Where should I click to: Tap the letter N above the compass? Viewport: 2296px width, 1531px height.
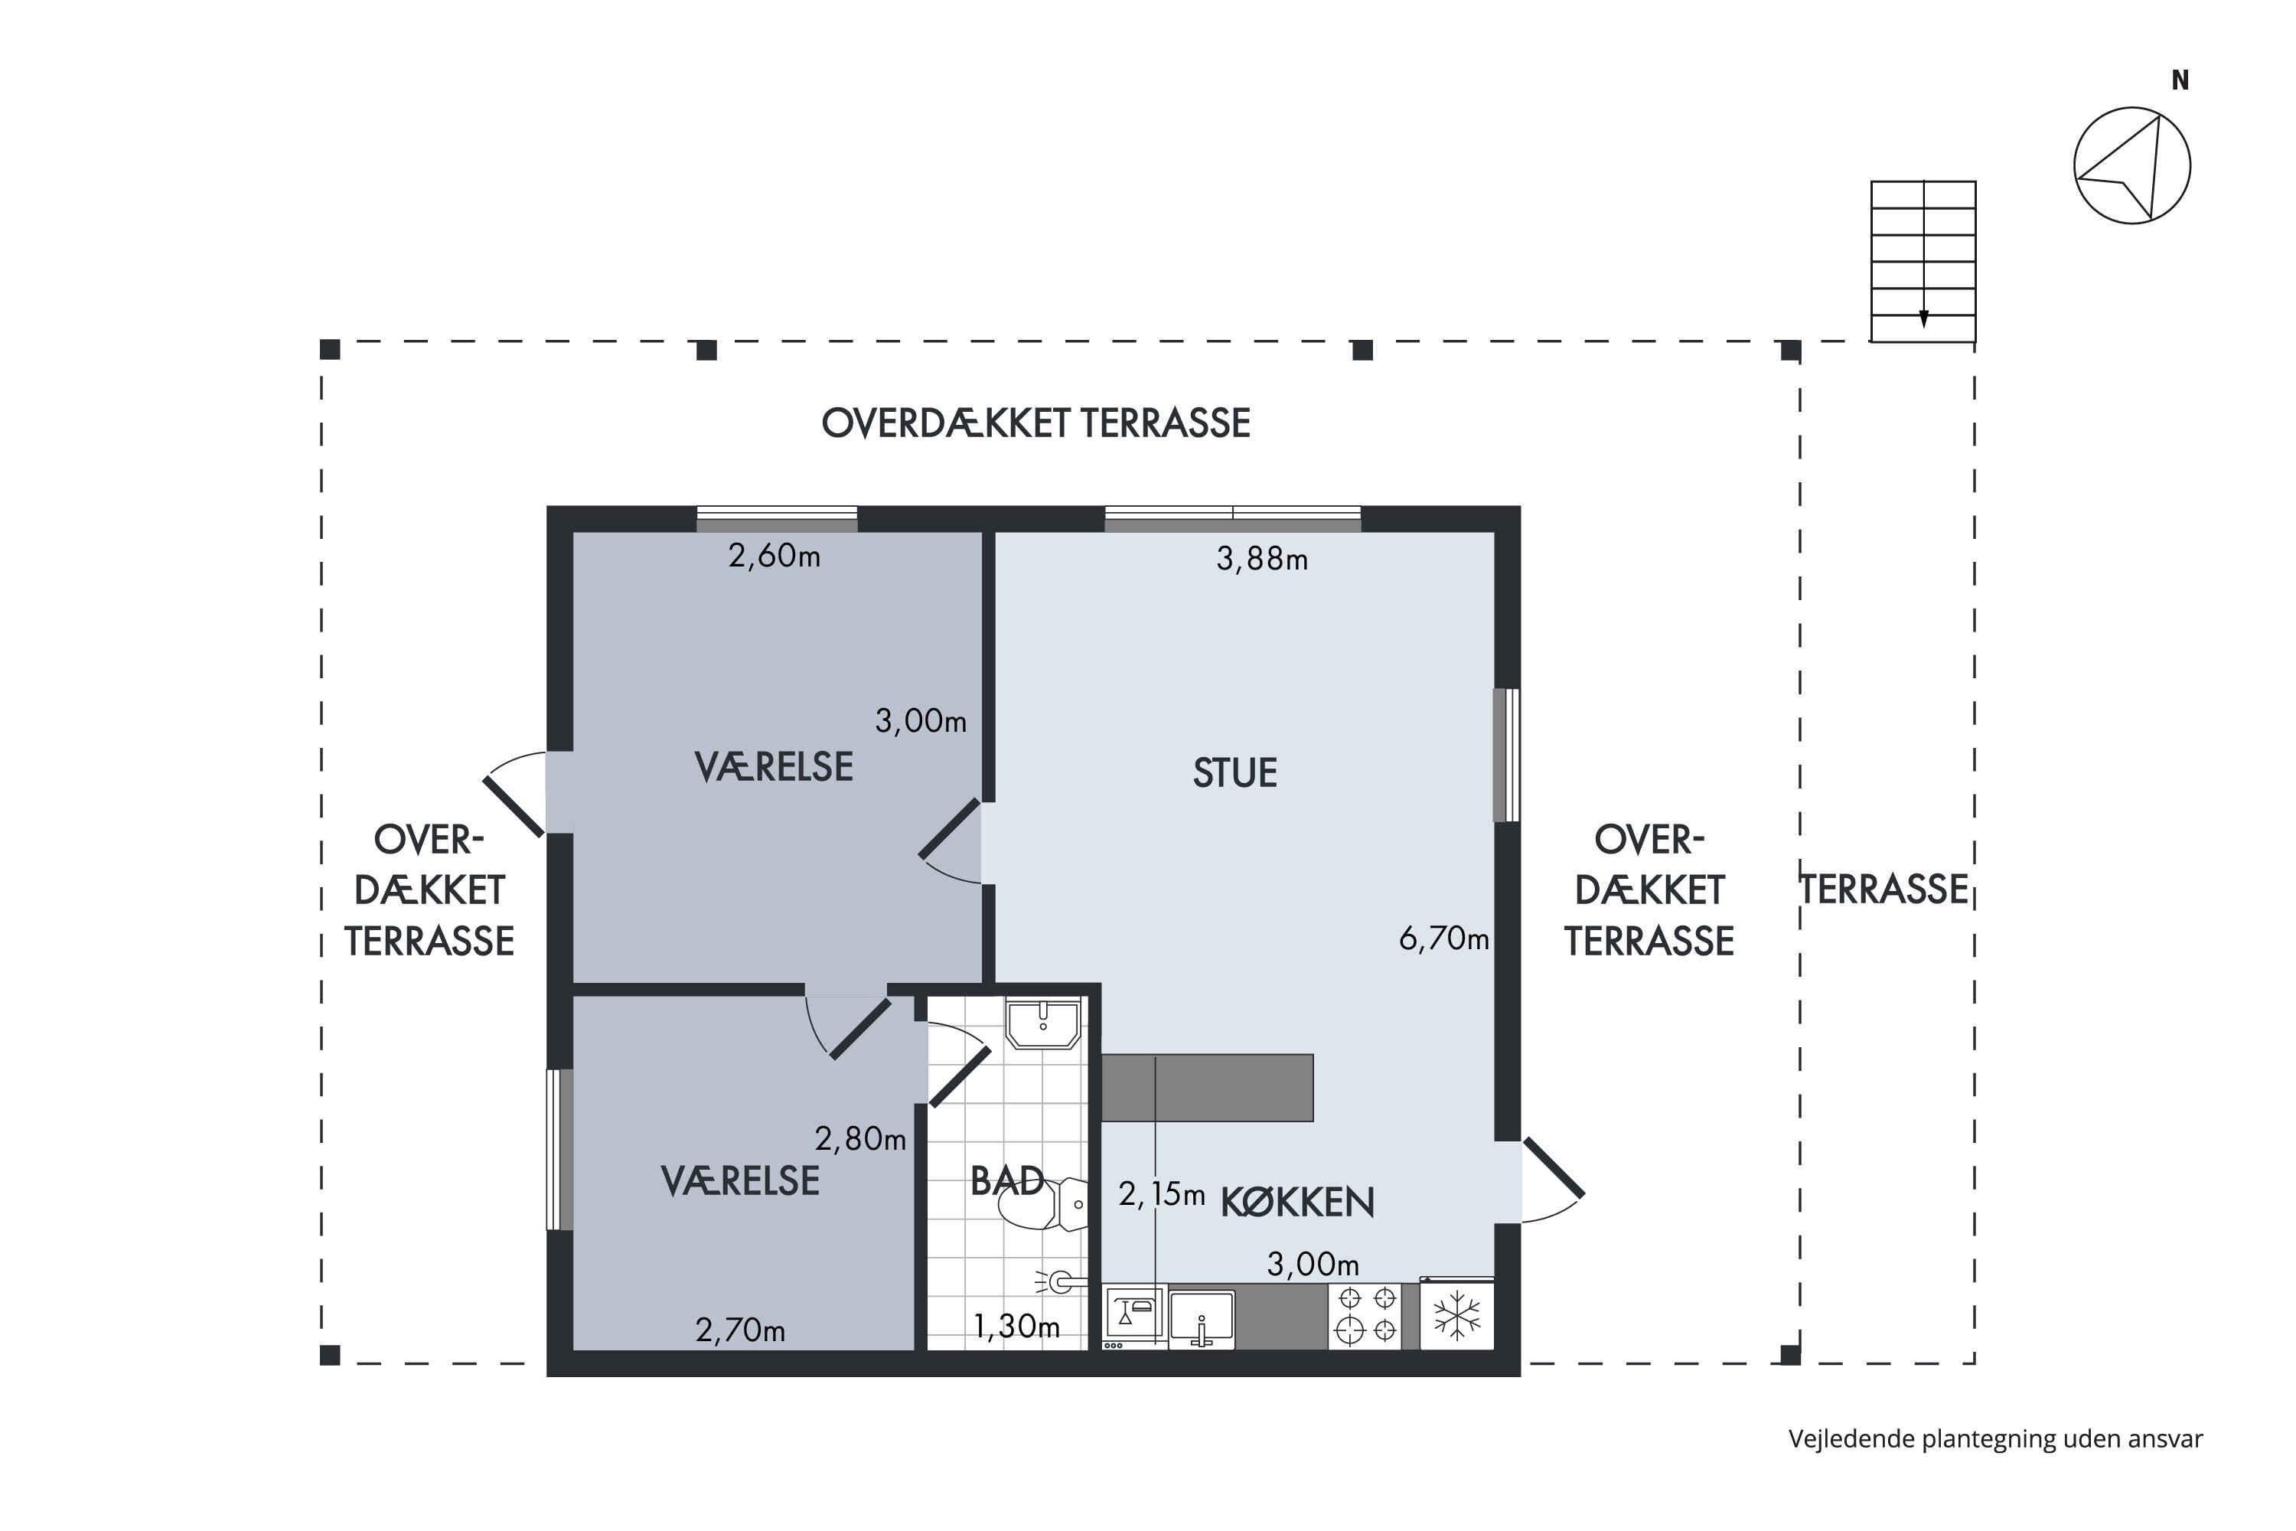coord(2180,80)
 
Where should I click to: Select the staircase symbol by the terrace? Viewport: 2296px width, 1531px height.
coord(1923,261)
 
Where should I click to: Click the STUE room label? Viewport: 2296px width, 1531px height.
coord(1235,773)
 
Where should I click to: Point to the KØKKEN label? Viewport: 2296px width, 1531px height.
coord(1297,1202)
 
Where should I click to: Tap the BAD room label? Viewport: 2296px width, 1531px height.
coord(1007,1181)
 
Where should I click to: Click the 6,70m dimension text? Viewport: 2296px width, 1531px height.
coord(1443,939)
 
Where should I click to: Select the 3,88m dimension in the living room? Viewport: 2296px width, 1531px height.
coord(1261,559)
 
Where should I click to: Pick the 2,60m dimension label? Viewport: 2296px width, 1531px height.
coord(774,556)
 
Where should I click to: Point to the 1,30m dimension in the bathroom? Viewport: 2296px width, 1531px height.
coord(1016,1326)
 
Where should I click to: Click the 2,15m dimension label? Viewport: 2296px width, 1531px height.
coord(1162,1193)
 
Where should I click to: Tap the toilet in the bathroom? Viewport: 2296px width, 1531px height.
coord(1045,1204)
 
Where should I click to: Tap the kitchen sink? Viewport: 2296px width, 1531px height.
coord(1202,1318)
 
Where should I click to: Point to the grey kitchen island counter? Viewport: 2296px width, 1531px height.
coord(1208,1088)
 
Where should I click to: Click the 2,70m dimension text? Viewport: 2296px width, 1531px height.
coord(740,1330)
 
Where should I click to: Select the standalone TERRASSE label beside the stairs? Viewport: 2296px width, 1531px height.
coord(1884,890)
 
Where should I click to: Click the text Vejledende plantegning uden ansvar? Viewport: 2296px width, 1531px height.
coord(1995,1438)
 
